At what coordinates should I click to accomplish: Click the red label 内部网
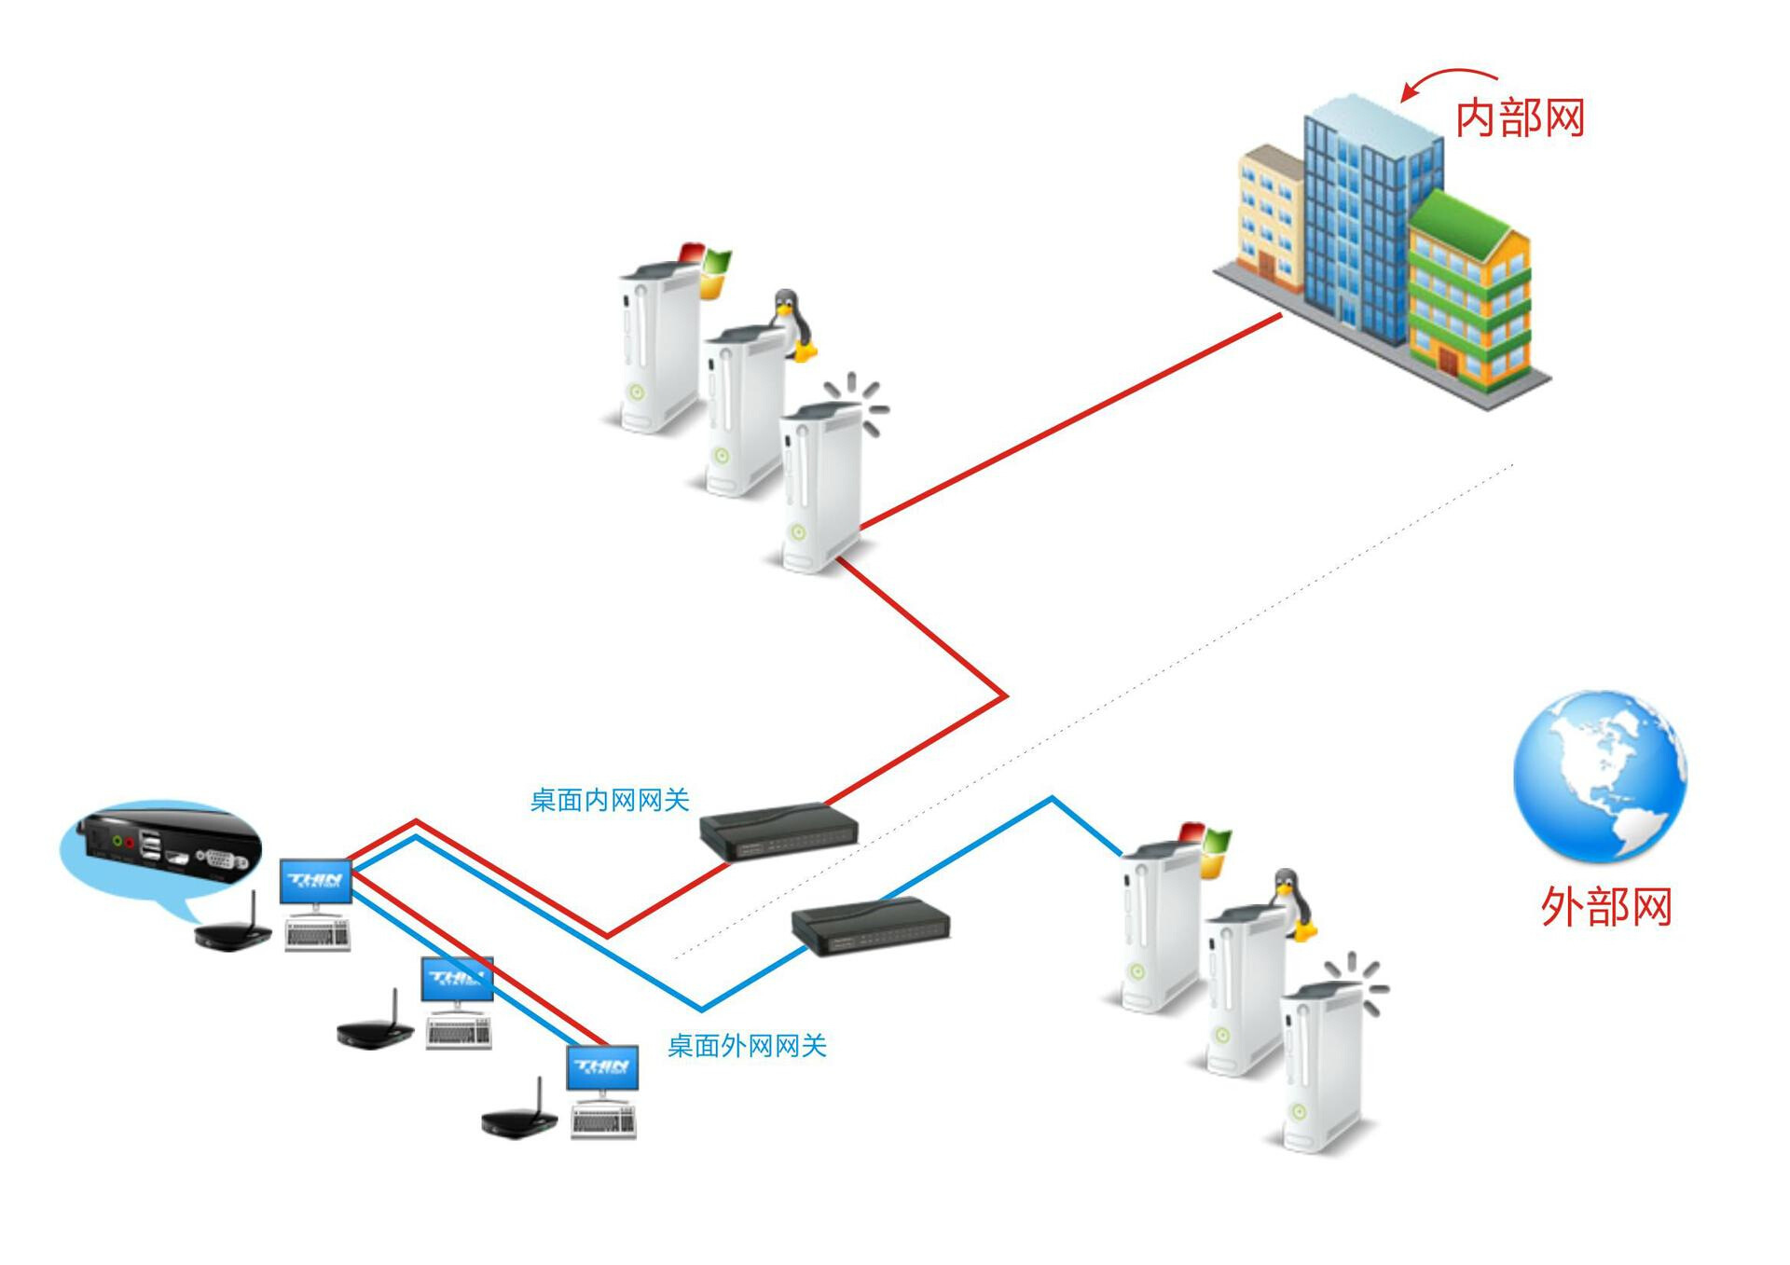[1520, 118]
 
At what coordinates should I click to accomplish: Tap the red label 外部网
[1605, 906]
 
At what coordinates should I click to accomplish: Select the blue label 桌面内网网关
[609, 800]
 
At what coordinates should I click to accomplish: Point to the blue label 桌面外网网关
[747, 1046]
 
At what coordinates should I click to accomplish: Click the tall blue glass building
[1361, 214]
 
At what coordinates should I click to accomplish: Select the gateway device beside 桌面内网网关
[778, 831]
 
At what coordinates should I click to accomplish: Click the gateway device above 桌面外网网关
[871, 925]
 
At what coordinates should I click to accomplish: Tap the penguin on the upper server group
[791, 323]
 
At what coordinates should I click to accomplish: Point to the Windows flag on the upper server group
[705, 268]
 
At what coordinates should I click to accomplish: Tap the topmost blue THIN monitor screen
[316, 881]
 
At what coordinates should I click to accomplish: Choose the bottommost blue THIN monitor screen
[602, 1067]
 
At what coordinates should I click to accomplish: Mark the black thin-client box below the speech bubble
[232, 932]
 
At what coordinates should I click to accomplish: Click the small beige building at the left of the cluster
[1268, 214]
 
